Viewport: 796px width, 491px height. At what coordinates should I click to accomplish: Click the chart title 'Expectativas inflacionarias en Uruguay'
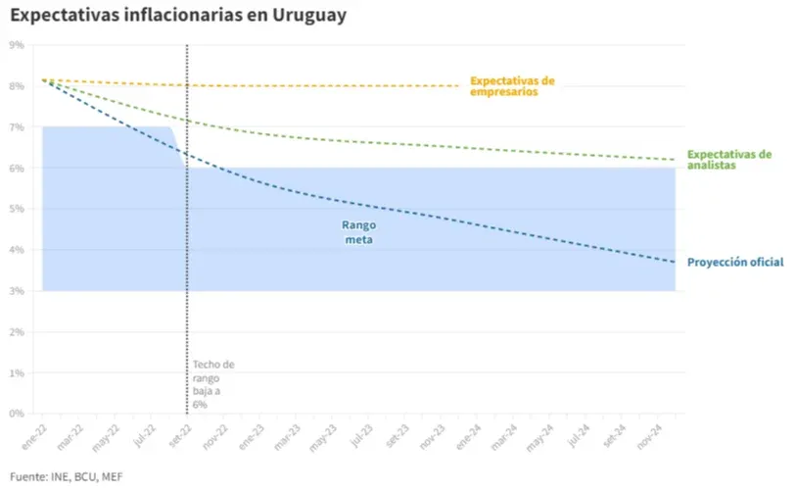tap(177, 17)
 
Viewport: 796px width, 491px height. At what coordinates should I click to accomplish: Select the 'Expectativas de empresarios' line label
tap(512, 86)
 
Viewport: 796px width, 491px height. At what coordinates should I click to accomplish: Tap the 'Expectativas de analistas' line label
tap(729, 160)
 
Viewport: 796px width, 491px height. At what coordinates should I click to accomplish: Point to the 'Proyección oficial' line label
tap(735, 262)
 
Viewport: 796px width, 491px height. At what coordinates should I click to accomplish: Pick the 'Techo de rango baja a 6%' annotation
tap(213, 383)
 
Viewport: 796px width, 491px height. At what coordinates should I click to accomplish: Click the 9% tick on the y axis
tap(17, 45)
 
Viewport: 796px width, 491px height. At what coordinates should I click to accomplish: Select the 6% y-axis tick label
tap(17, 169)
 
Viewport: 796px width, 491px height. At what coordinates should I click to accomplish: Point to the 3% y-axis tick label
tap(17, 291)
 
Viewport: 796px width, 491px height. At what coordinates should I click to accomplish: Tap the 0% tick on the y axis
tap(17, 414)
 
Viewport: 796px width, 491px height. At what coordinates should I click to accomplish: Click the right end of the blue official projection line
tap(675, 262)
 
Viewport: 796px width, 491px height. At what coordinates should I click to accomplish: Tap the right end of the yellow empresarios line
tap(459, 85)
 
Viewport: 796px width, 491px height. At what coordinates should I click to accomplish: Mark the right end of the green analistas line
tap(675, 160)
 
